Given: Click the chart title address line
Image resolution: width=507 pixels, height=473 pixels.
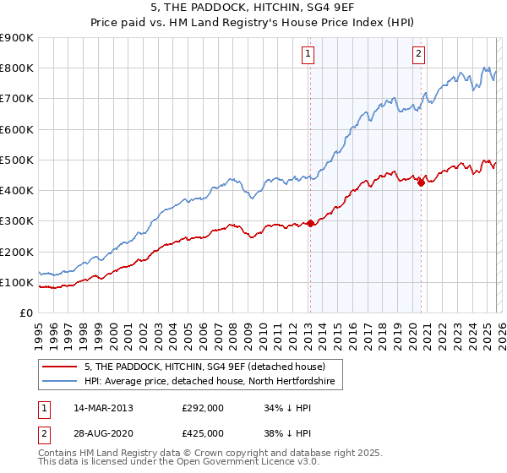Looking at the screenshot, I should coord(253,8).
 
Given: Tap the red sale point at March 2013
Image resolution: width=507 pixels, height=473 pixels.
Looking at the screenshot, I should coord(310,223).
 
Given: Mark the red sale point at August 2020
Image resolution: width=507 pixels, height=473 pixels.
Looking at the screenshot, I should coord(421,183).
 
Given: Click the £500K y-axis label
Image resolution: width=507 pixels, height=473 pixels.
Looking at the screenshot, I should coord(17,160).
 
